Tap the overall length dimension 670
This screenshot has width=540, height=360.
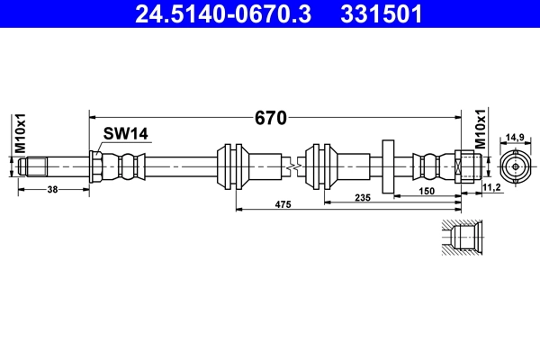coord(269,118)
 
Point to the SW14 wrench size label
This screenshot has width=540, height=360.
coord(124,134)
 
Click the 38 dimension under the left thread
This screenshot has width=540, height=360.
coord(52,190)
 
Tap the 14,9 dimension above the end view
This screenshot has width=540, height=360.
coord(515,137)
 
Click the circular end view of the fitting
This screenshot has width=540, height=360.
coord(515,166)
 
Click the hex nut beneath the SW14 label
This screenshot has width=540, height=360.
coord(96,166)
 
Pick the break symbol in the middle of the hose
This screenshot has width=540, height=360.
coord(291,166)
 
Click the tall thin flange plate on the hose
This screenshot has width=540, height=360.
coord(389,166)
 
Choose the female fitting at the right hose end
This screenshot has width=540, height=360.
coord(463,166)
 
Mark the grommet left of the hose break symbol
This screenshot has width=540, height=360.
coord(233,166)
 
